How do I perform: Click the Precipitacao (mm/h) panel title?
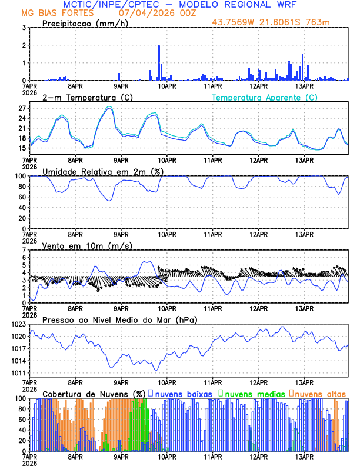pos(85,23)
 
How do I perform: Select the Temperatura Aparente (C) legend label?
pos(264,97)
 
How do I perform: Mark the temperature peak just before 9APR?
pos(109,108)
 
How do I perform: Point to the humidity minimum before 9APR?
pos(109,201)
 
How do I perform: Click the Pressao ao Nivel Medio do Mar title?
pos(119,319)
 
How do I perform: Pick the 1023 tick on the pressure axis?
pos(18,325)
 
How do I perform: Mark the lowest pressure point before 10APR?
pos(156,370)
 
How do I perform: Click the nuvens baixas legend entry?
pos(179,393)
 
